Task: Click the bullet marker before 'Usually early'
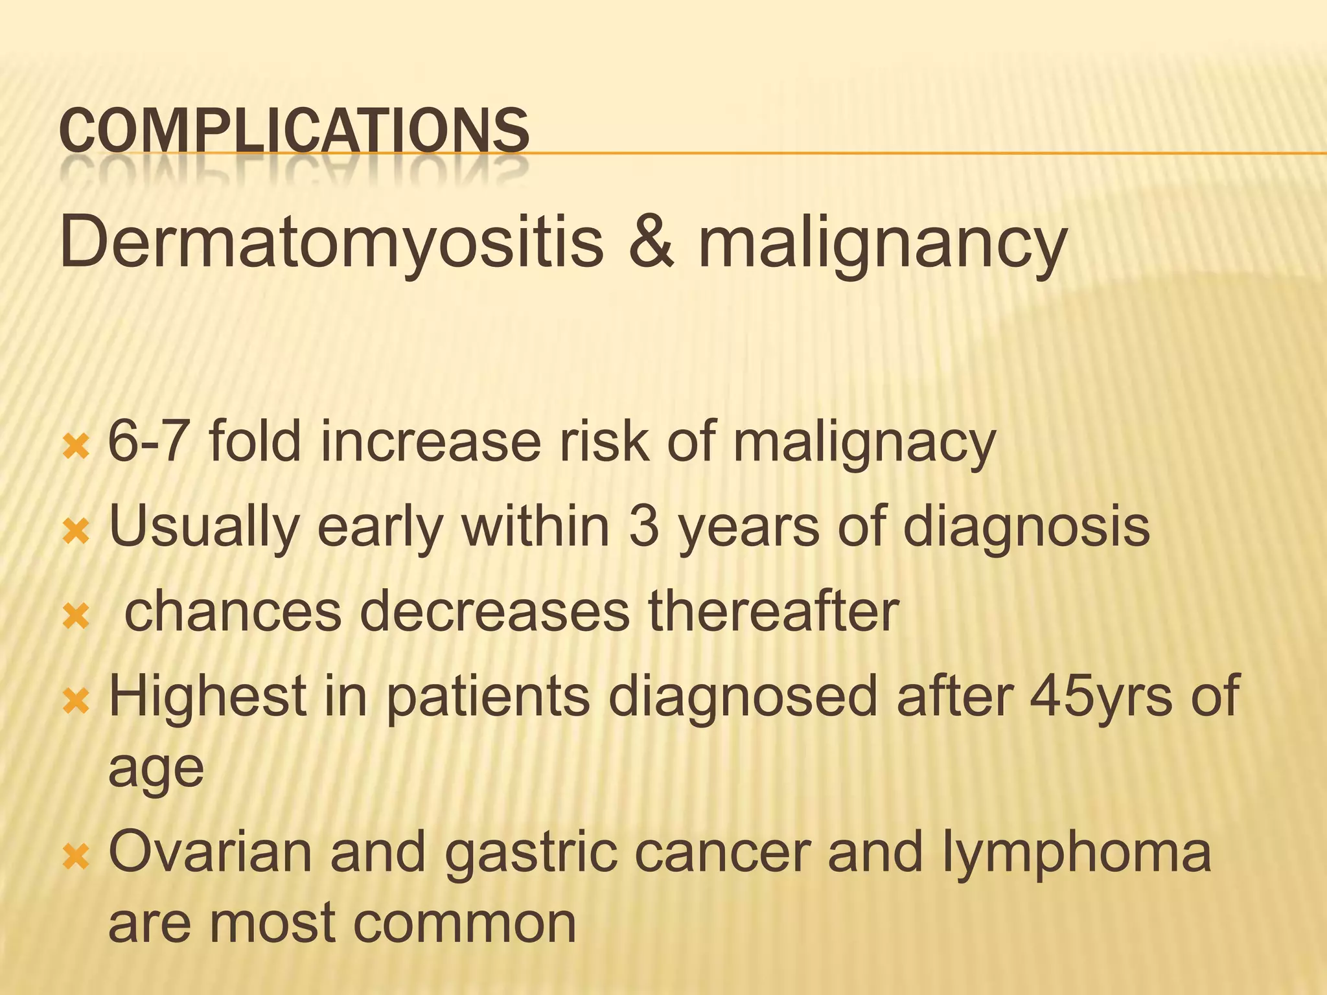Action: point(76,532)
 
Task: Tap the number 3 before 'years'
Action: point(643,526)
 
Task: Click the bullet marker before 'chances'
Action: point(76,617)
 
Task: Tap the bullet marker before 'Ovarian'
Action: point(76,859)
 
